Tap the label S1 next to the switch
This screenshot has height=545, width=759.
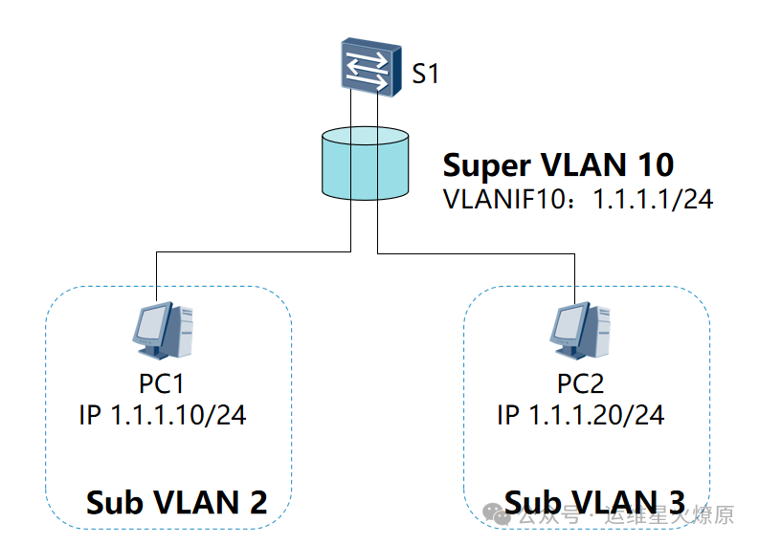(x=425, y=74)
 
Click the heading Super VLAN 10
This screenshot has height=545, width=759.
(x=558, y=165)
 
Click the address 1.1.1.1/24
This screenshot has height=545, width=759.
(x=654, y=201)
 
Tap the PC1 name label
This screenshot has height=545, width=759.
(x=162, y=384)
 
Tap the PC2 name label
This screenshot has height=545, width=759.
(x=581, y=384)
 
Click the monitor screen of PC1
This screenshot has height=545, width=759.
(x=151, y=323)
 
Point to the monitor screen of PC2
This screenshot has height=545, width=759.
(x=569, y=323)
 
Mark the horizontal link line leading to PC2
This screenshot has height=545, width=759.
(x=479, y=254)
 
